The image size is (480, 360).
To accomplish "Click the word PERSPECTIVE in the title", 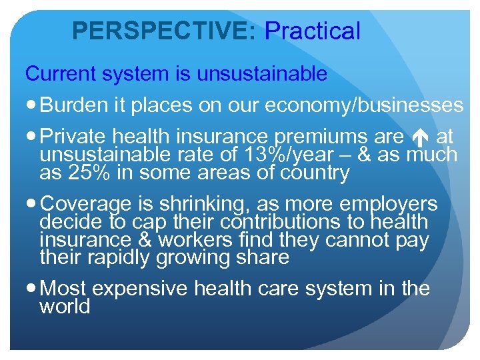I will pyautogui.click(x=163, y=31).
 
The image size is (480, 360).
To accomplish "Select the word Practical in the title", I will pyautogui.click(x=313, y=31).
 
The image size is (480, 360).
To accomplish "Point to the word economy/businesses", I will pyautogui.click(x=363, y=105).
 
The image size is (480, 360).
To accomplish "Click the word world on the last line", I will pyautogui.click(x=65, y=307).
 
